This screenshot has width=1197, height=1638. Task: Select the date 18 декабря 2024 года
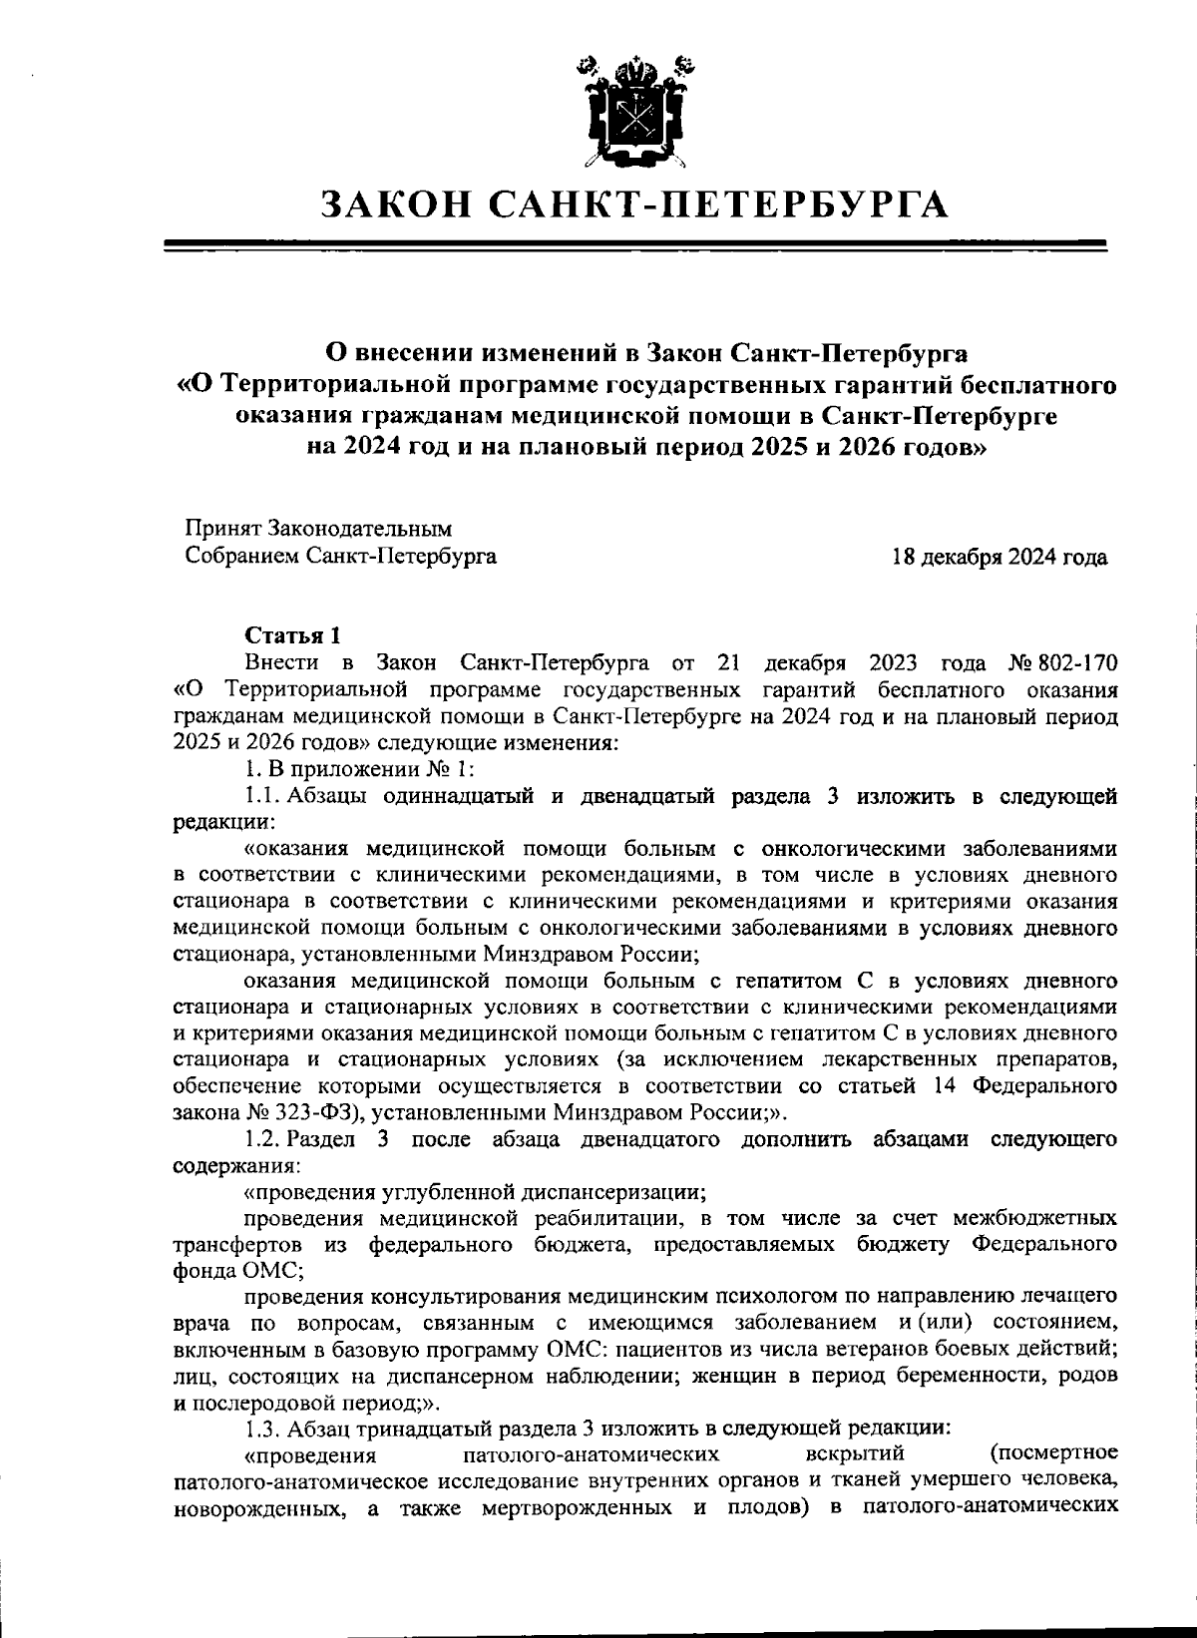tap(998, 557)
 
